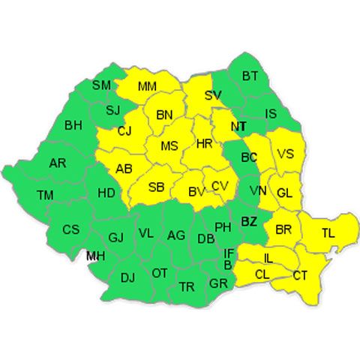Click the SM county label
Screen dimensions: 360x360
pos(101,85)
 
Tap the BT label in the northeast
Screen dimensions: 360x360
pos(250,75)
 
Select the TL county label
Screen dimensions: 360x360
pos(328,232)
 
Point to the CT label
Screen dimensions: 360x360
pos(300,276)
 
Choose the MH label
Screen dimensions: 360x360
pos(95,256)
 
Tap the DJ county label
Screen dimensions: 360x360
pos(127,278)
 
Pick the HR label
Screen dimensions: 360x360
pos(204,143)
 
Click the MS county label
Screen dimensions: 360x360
pos(169,145)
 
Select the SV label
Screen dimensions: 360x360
pos(213,96)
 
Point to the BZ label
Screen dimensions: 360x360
pos(249,220)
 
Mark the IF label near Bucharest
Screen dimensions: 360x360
pos(229,254)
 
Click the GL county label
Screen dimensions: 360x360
pos(284,193)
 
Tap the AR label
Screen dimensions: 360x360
pos(58,163)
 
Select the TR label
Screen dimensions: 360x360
pos(187,286)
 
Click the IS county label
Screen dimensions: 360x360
pos(272,114)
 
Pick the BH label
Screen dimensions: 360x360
pos(73,124)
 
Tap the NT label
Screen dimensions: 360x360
pos(238,127)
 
